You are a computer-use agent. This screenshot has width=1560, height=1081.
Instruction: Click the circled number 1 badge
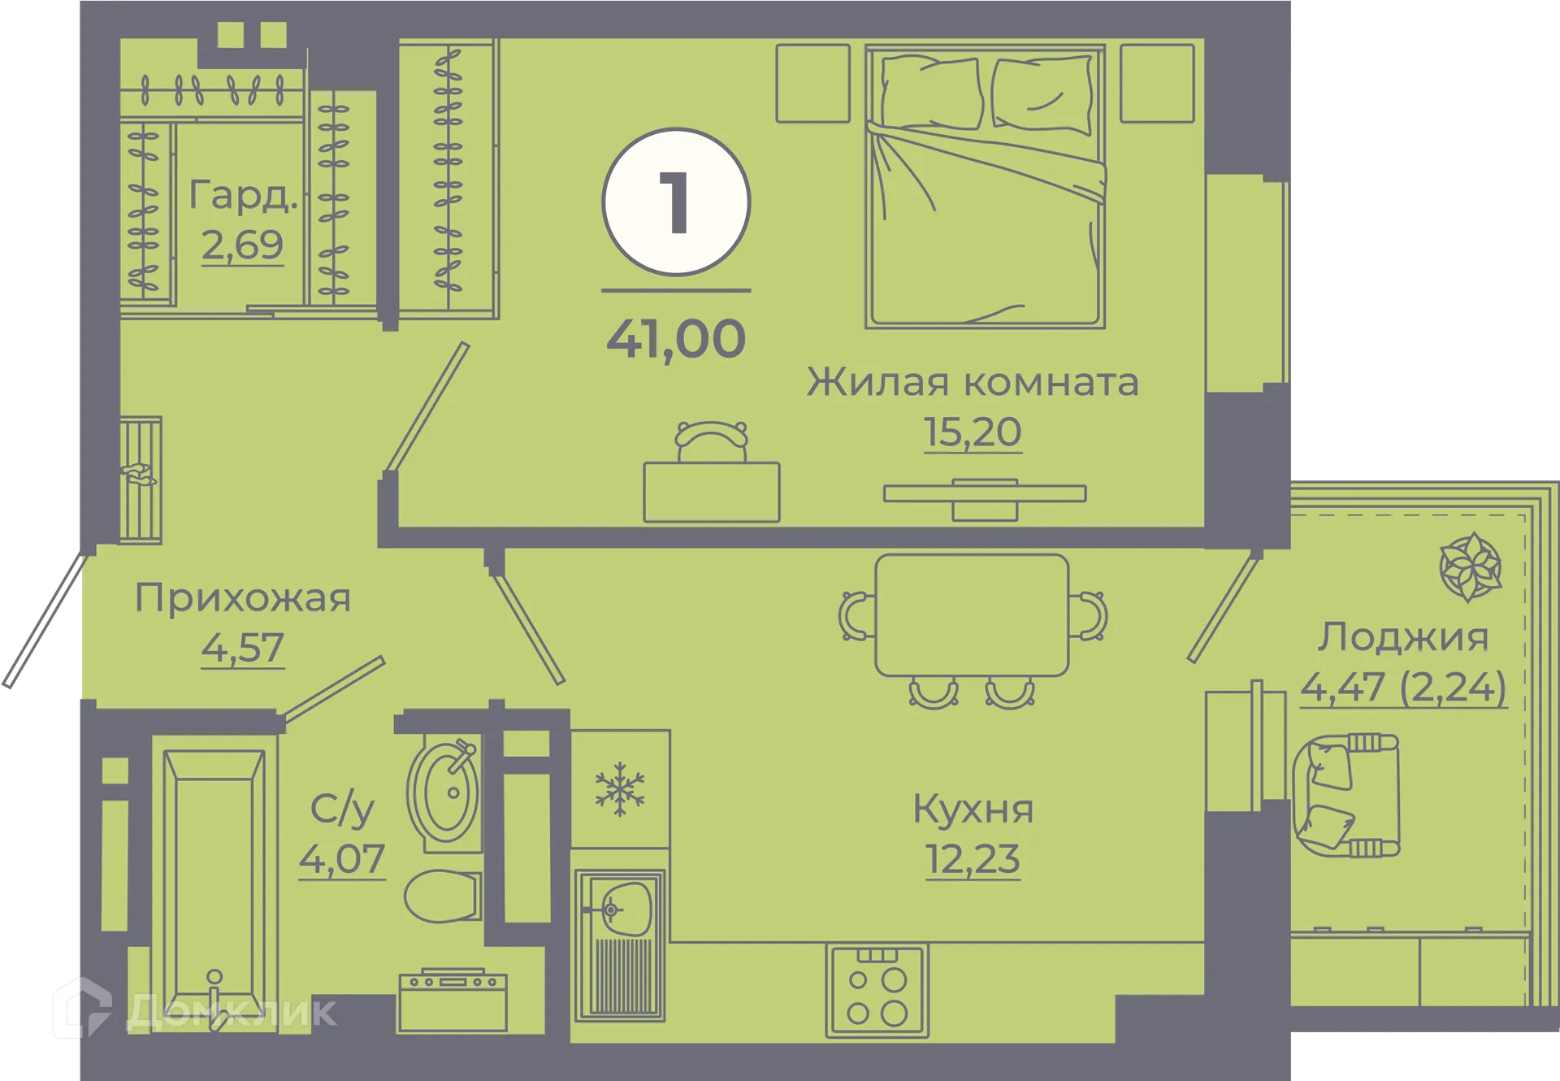click(x=676, y=202)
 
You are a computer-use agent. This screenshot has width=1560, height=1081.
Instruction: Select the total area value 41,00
click(x=676, y=339)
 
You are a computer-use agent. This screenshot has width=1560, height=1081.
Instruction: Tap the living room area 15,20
click(x=973, y=432)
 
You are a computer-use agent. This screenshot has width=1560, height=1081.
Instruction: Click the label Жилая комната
click(x=973, y=382)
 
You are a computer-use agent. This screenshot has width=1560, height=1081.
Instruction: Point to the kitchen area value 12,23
click(x=973, y=859)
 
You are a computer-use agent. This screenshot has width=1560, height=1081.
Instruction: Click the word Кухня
click(x=973, y=810)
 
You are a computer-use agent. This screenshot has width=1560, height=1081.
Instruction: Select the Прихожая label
click(x=242, y=599)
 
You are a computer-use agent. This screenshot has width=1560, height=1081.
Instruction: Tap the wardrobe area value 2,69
click(x=242, y=245)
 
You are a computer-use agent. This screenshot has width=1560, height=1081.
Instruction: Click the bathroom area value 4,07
click(x=341, y=859)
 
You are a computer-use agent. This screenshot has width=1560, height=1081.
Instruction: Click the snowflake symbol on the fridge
click(x=620, y=788)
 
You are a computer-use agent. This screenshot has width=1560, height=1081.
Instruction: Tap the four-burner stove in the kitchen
click(x=877, y=992)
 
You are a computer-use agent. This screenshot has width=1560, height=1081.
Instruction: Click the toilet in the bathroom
click(x=441, y=896)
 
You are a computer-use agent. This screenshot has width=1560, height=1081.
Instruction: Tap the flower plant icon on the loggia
click(x=1470, y=567)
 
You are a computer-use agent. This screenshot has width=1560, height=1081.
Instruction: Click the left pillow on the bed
click(x=930, y=92)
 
